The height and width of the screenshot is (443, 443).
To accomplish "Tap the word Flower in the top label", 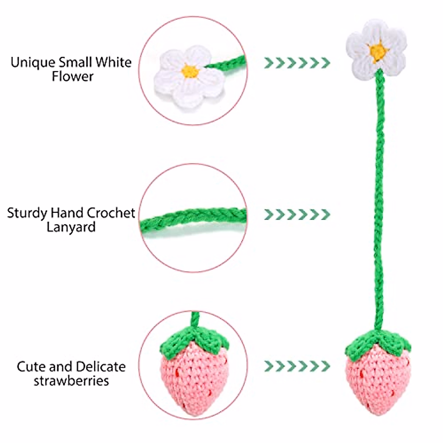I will [x=72, y=76].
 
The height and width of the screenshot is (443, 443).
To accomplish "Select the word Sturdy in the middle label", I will [x=27, y=213].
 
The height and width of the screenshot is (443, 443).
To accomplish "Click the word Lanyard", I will [x=71, y=227].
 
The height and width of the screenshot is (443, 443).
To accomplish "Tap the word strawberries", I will [x=71, y=381].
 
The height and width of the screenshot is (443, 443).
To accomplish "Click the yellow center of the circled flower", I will [x=190, y=71].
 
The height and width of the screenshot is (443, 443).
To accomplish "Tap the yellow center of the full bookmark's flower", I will [x=377, y=51].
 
